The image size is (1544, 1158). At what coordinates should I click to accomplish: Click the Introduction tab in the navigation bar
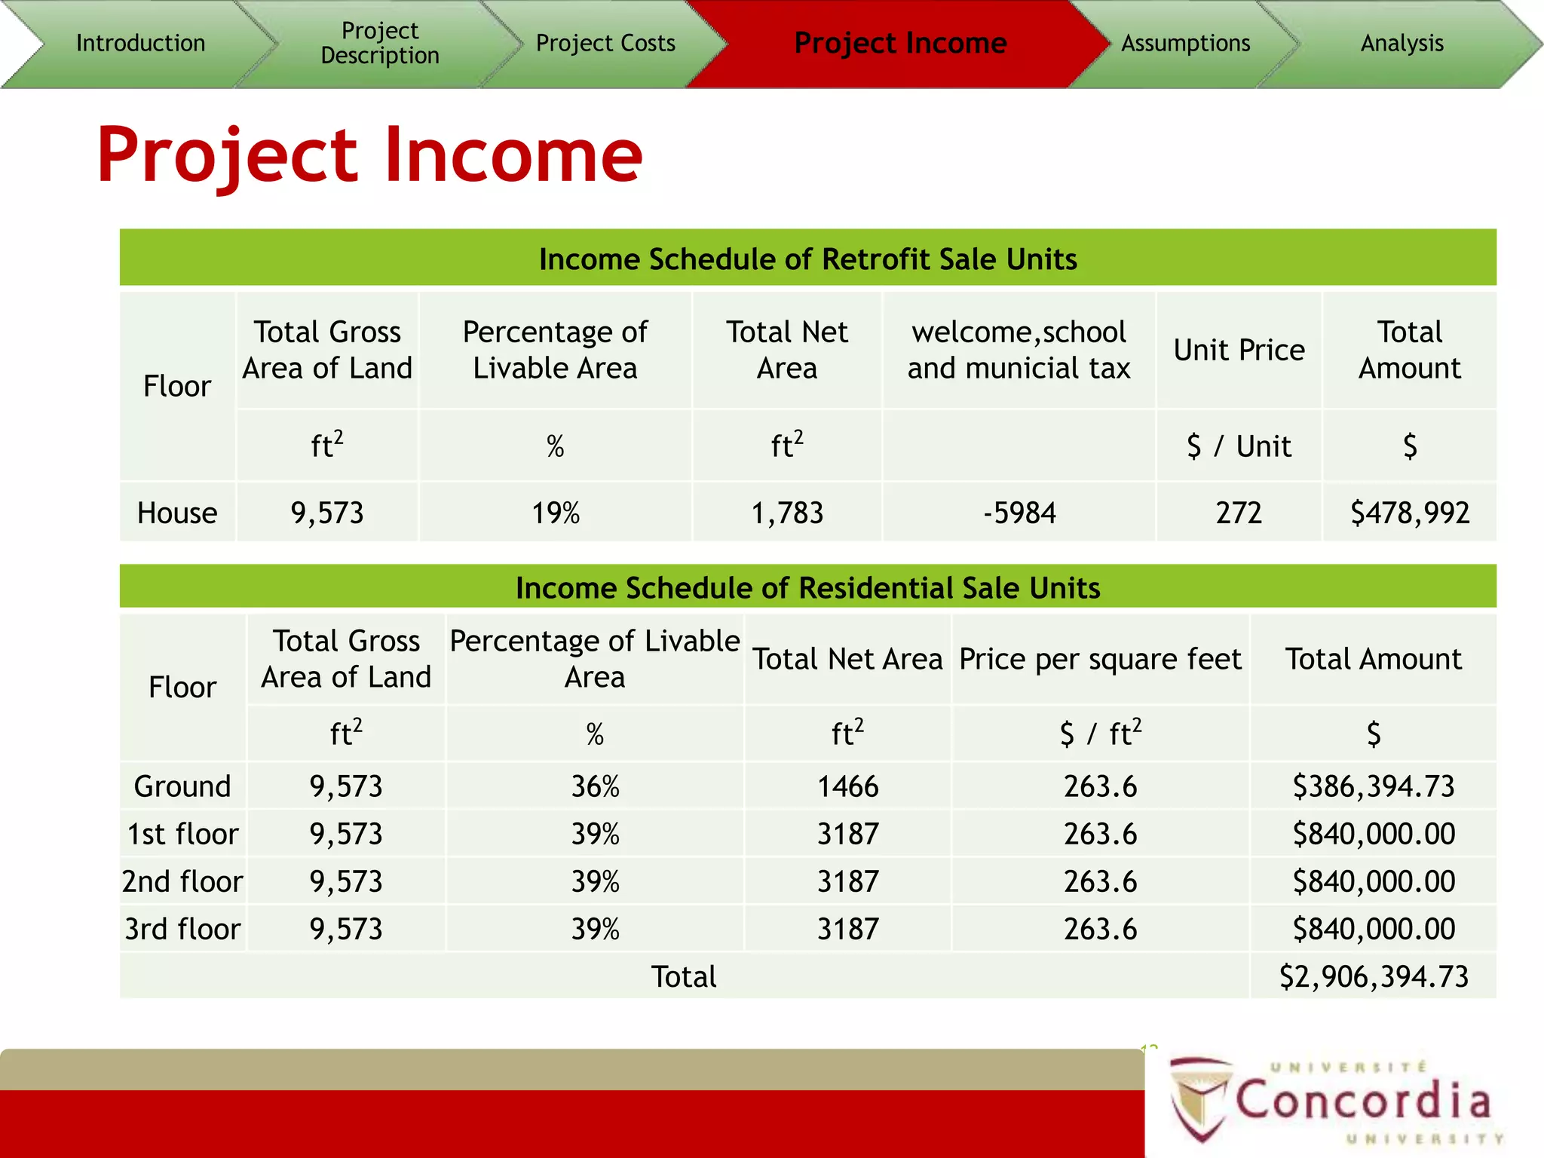coord(140,44)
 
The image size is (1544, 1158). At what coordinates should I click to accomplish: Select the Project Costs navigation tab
coord(605,44)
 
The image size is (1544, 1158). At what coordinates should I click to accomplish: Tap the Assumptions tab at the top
coord(1185,44)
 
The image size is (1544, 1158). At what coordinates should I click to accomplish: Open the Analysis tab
coord(1402,44)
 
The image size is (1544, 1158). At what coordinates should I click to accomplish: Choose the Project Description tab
coord(379,43)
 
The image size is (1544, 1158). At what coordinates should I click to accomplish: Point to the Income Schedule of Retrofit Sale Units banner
coord(807,259)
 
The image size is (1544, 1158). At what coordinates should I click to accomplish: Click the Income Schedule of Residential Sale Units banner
coord(807,587)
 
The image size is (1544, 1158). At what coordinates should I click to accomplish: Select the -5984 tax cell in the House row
coord(1019,513)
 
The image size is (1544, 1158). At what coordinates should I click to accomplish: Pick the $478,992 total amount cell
coord(1409,513)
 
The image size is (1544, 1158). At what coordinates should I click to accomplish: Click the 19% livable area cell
coord(556,513)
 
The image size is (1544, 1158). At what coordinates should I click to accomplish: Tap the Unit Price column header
coord(1239,350)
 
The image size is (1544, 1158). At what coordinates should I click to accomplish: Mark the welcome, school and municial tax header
coord(1019,350)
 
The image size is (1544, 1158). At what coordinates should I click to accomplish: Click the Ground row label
coord(182,786)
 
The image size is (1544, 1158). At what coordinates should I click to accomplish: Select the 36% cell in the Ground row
coord(595,786)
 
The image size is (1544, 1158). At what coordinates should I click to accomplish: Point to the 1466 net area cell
coord(848,786)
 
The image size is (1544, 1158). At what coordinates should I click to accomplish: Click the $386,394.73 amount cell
coord(1373,786)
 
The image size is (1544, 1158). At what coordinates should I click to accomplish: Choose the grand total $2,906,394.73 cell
coord(1373,976)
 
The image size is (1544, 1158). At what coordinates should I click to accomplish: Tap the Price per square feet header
coord(1100,659)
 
